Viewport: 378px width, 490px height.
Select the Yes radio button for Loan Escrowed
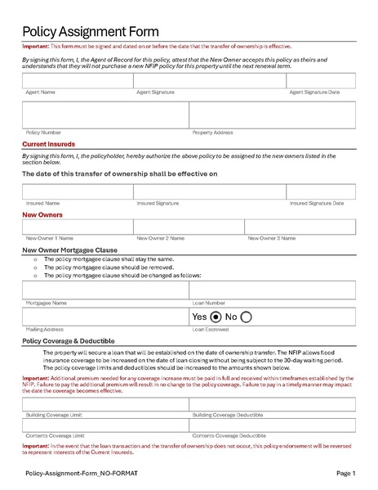click(216, 317)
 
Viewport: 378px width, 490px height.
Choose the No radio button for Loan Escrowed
click(246, 317)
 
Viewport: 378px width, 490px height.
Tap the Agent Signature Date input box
click(321, 80)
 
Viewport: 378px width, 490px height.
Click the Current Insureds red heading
click(48, 144)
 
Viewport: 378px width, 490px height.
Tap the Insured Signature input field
click(209, 191)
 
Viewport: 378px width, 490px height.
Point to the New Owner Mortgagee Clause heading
click(69, 249)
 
